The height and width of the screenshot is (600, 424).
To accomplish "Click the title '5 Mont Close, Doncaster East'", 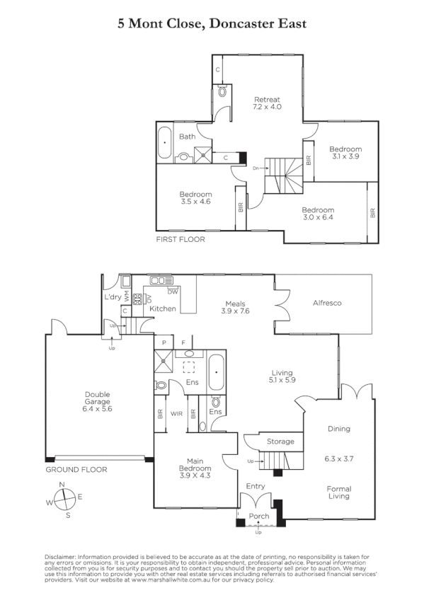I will point(212,24).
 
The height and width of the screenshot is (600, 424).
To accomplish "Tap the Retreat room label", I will point(267,103).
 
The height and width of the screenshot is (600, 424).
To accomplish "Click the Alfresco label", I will point(327,303).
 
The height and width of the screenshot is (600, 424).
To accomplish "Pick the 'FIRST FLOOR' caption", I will point(181,240).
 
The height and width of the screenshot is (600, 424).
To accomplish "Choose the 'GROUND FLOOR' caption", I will point(76,469).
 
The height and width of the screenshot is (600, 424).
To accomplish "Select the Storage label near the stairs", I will point(280,442).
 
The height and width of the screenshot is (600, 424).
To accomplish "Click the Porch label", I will point(259,517).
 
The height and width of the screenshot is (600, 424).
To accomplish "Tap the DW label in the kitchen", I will point(172,291).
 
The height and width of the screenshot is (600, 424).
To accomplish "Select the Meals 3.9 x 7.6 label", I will point(235,306).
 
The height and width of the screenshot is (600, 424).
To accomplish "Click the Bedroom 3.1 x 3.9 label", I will point(345,153).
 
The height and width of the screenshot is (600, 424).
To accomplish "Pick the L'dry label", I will point(112,296).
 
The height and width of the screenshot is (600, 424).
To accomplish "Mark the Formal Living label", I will point(339,492).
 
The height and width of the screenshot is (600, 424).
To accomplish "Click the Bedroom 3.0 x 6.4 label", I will point(318,214).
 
